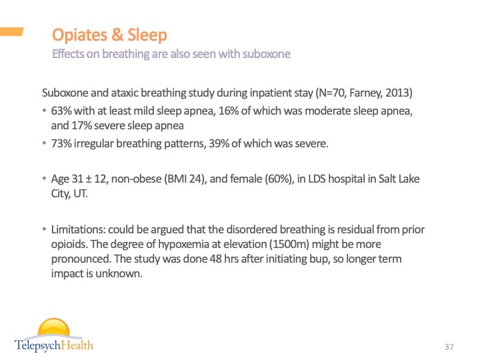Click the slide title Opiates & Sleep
click(x=109, y=35)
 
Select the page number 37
click(x=449, y=347)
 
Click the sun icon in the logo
click(x=53, y=329)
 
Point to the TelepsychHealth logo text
click(x=54, y=345)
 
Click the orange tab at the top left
click(x=11, y=31)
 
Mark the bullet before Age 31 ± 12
click(x=45, y=179)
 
